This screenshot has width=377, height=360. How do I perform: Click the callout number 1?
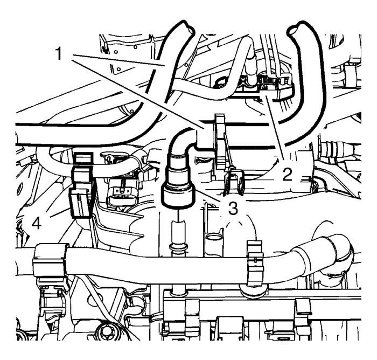click(59, 53)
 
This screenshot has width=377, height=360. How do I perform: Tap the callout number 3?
click(233, 208)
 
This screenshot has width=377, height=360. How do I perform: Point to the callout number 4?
click(36, 223)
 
